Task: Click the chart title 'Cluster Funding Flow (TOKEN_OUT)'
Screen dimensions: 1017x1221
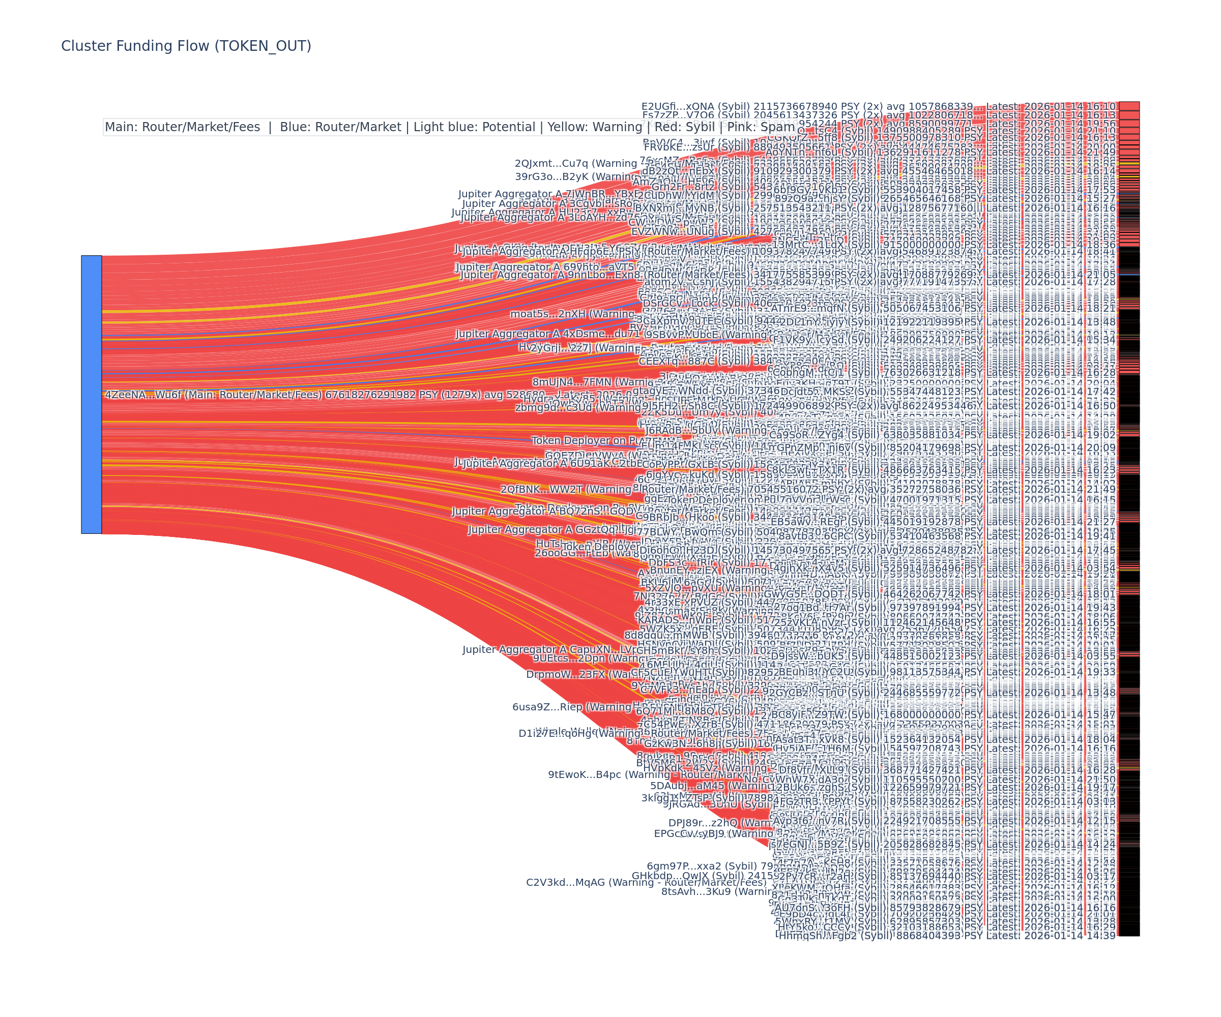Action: (186, 46)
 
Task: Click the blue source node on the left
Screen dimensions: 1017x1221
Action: (91, 394)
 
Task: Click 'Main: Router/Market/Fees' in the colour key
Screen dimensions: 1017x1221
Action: (182, 127)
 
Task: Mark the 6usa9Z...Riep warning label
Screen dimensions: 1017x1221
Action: (572, 707)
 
